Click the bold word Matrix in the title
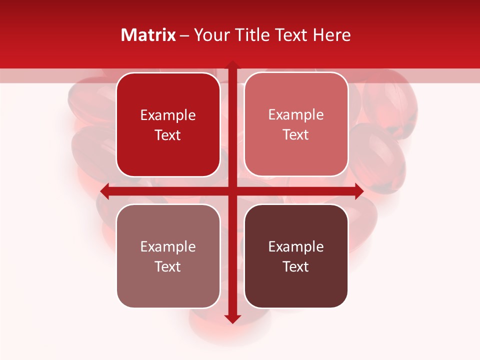coord(148,35)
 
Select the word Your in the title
coord(210,35)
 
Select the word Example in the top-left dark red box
coord(168,115)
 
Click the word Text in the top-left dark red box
coord(168,135)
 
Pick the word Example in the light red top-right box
coord(296,115)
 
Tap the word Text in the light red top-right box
coord(296,135)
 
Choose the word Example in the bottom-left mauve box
coord(168,247)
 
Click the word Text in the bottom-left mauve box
coord(168,267)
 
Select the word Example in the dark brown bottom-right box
coord(296,247)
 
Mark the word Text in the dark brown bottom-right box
coord(296,267)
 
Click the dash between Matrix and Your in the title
coord(184,35)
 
